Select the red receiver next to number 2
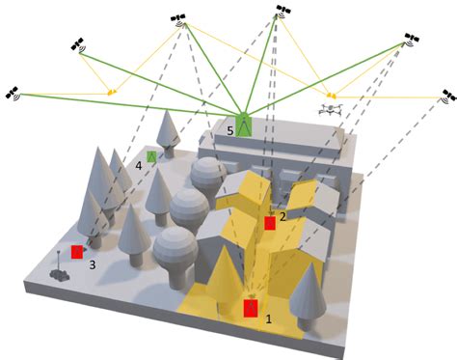pos(270,224)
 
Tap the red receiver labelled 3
pos(77,252)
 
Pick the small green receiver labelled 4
pos(151,155)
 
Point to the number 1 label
pos(268,316)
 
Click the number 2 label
pos(282,215)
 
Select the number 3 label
pos(93,263)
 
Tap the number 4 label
pos(139,166)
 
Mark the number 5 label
pos(229,129)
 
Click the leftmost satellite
pos(13,94)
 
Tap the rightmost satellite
pos(446,97)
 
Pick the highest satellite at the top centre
pos(282,11)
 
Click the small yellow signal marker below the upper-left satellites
pos(113,93)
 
